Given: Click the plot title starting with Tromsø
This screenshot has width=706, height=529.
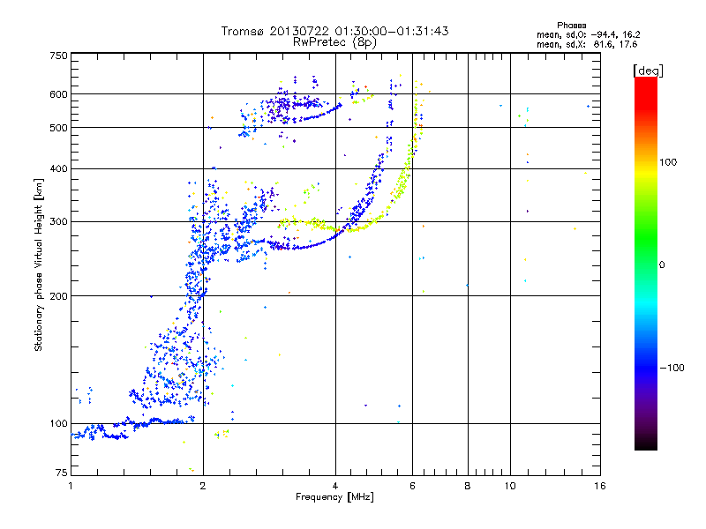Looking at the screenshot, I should pyautogui.click(x=335, y=31).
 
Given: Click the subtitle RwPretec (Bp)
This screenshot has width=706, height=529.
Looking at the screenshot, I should pyautogui.click(x=335, y=41).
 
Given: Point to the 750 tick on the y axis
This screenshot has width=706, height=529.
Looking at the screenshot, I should pyautogui.click(x=58, y=56).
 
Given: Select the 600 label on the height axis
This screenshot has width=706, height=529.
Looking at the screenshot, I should pyautogui.click(x=58, y=93).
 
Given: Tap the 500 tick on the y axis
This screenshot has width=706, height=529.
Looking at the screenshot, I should pyautogui.click(x=58, y=128).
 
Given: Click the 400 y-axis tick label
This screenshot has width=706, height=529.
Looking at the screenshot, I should pyautogui.click(x=58, y=168).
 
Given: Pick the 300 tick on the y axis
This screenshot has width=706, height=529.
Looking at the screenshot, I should pyautogui.click(x=58, y=220).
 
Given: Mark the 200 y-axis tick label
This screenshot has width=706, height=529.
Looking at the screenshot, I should pyautogui.click(x=58, y=295).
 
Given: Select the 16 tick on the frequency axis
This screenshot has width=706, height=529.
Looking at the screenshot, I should pyautogui.click(x=599, y=486).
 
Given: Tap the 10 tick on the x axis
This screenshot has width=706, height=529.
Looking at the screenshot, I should pyautogui.click(x=509, y=486).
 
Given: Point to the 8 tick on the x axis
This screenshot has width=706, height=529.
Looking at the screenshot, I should pyautogui.click(x=468, y=486).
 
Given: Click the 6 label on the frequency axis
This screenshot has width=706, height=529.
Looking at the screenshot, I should pyautogui.click(x=413, y=486).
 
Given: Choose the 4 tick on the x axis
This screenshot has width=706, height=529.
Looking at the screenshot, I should pyautogui.click(x=335, y=486).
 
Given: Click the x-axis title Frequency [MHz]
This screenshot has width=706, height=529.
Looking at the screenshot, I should pyautogui.click(x=335, y=498).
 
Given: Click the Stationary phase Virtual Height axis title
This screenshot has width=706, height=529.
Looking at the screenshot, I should pyautogui.click(x=39, y=265).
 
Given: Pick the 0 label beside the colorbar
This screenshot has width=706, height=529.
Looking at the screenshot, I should pyautogui.click(x=664, y=264).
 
